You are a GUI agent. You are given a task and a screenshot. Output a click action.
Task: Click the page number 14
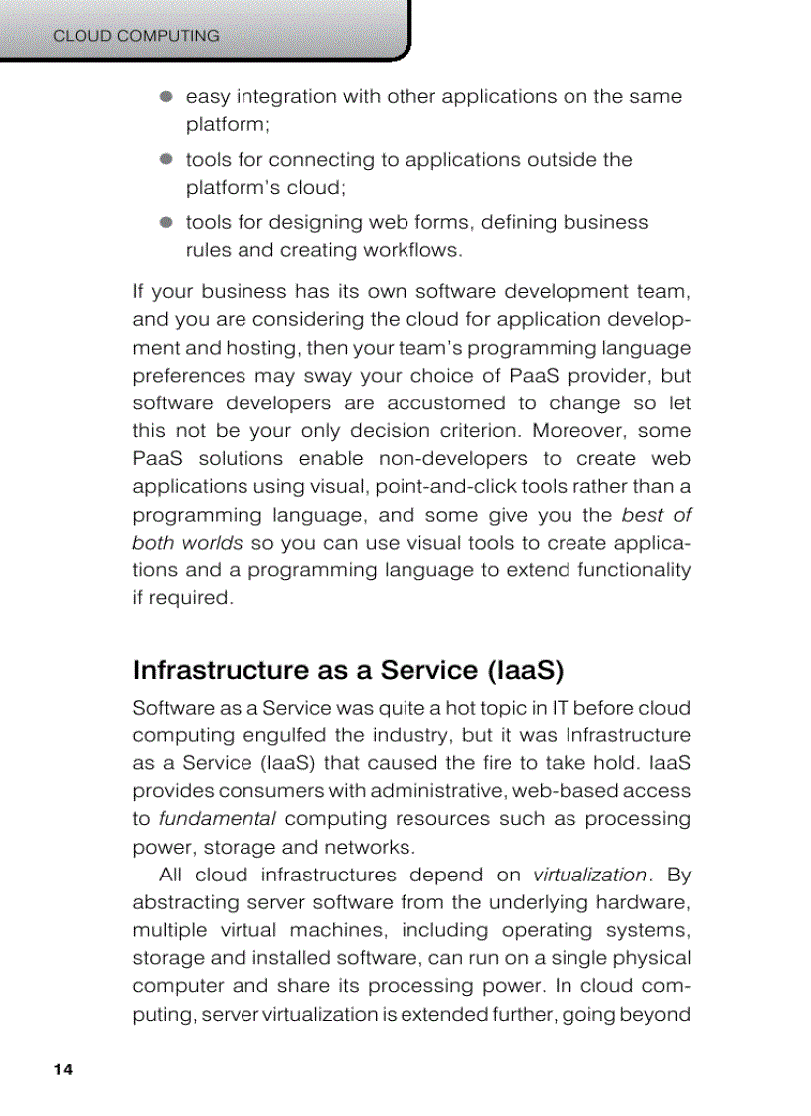(x=63, y=1070)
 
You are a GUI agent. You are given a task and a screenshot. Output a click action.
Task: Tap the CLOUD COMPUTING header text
(x=135, y=36)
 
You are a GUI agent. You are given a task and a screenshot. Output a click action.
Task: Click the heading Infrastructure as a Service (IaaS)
(x=348, y=670)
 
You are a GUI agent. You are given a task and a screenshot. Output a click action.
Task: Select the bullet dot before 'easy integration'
(x=167, y=97)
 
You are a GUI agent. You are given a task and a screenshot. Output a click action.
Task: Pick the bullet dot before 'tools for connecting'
(x=167, y=159)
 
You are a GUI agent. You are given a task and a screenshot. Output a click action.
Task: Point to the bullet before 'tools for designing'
(x=167, y=222)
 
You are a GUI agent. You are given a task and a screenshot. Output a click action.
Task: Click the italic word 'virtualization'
(x=589, y=875)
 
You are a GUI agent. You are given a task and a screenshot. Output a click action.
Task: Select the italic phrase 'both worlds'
(x=187, y=543)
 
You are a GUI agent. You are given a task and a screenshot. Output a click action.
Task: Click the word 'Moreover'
(x=573, y=431)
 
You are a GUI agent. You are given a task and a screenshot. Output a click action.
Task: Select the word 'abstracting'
(x=186, y=902)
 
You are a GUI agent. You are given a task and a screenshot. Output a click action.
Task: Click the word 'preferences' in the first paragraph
(x=190, y=376)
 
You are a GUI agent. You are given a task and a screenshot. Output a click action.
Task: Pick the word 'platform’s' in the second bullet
(x=234, y=188)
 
